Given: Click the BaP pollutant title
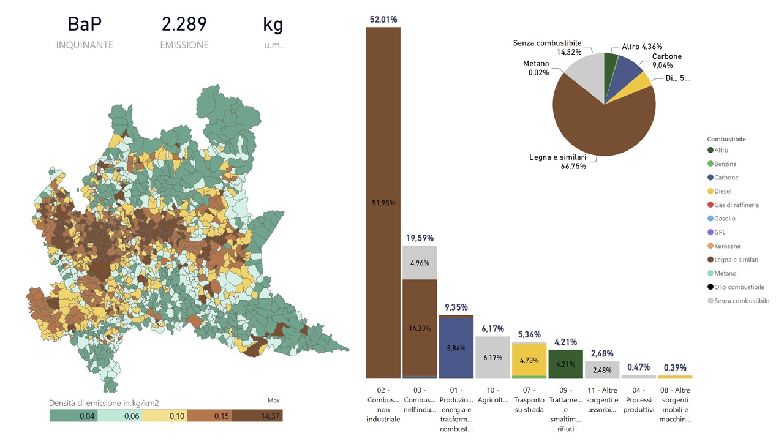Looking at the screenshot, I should point(84,24).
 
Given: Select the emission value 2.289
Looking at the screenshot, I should point(184,24).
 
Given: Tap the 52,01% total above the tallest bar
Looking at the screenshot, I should point(383,20).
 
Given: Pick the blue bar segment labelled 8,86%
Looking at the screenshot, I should point(456,348).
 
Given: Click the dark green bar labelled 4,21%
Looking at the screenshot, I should point(565,364).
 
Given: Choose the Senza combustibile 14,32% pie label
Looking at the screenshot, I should point(546,48).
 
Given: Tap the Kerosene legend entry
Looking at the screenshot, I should point(728,246).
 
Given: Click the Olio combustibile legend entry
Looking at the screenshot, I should point(739,287).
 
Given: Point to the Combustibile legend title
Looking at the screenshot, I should point(726,139).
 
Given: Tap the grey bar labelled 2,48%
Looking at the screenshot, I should point(602,370).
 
